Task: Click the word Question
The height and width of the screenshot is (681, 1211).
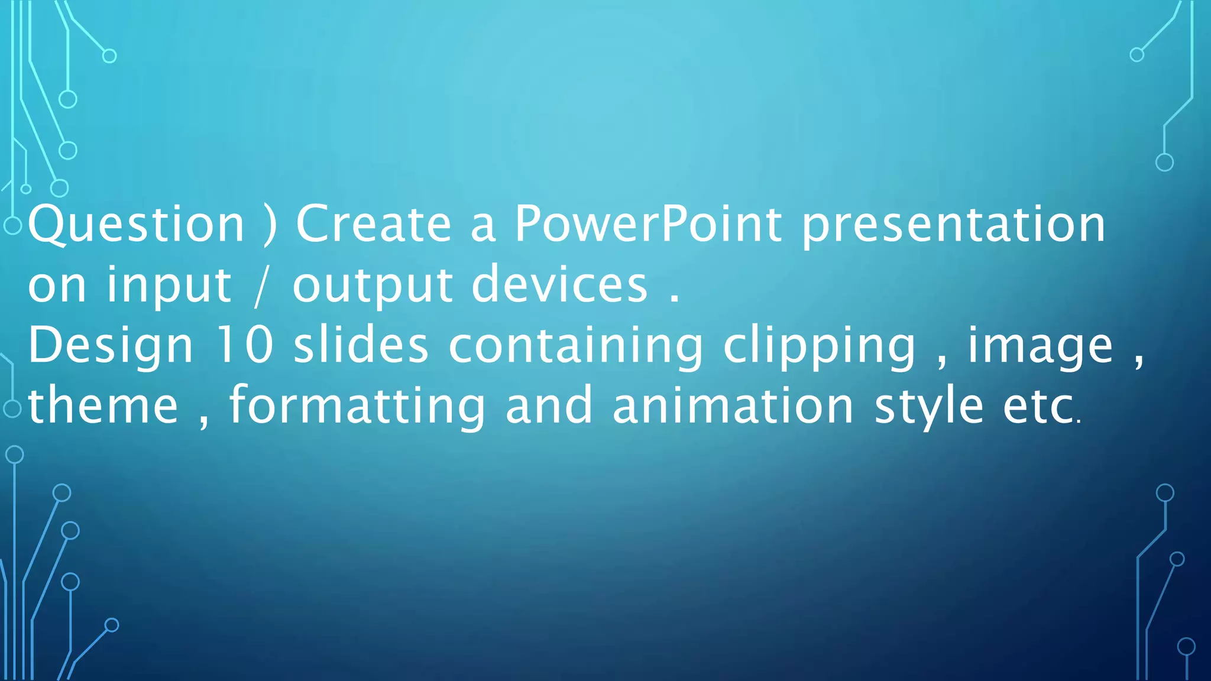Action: [x=136, y=225]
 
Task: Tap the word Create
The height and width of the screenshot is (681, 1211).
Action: [x=374, y=225]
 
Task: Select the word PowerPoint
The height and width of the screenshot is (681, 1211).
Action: [x=648, y=225]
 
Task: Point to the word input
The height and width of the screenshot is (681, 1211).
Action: [x=169, y=286]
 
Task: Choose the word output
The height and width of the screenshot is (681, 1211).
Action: [x=373, y=286]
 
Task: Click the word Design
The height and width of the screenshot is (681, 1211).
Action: [x=111, y=346]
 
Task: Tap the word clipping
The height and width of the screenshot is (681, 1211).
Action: [x=820, y=346]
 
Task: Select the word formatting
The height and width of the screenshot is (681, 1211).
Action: [x=357, y=407]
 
